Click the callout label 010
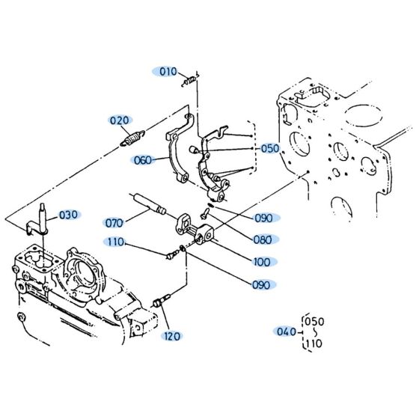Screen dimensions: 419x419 point(167,72)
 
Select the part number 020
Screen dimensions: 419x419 point(120,119)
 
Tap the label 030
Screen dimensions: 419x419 point(68,215)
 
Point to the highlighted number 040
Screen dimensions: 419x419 point(287,331)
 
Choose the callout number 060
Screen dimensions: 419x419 point(143,159)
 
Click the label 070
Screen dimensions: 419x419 point(114,222)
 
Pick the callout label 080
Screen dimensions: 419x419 point(263,239)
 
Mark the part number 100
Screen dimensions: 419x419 point(263,262)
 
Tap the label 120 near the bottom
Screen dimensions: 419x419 point(174,336)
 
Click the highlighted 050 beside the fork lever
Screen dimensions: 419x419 point(269,148)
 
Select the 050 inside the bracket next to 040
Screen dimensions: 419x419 point(315,322)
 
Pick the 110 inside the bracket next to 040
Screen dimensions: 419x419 point(315,343)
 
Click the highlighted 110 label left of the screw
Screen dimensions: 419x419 point(114,242)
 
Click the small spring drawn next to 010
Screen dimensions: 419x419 point(191,78)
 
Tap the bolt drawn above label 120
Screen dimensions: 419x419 point(159,303)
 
